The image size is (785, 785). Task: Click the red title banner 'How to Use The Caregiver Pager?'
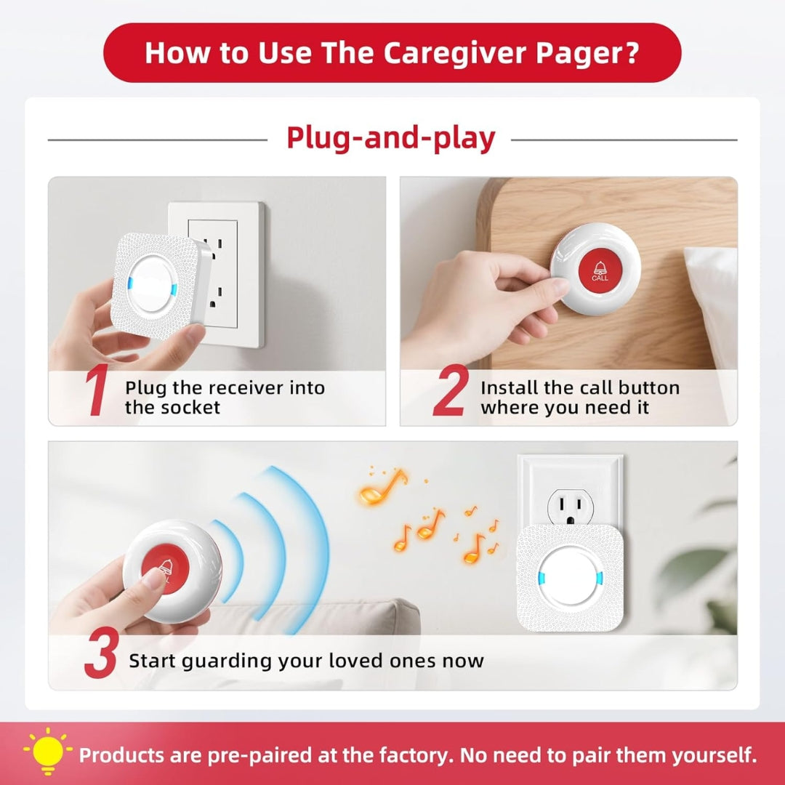click(392, 53)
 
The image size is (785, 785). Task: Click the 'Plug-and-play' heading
click(390, 138)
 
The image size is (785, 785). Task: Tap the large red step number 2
click(451, 393)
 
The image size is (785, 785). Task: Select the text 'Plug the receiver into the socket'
click(224, 398)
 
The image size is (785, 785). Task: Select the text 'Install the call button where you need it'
click(579, 398)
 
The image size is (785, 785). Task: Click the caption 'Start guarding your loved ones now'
click(306, 661)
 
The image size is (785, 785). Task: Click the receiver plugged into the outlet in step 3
click(570, 578)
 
